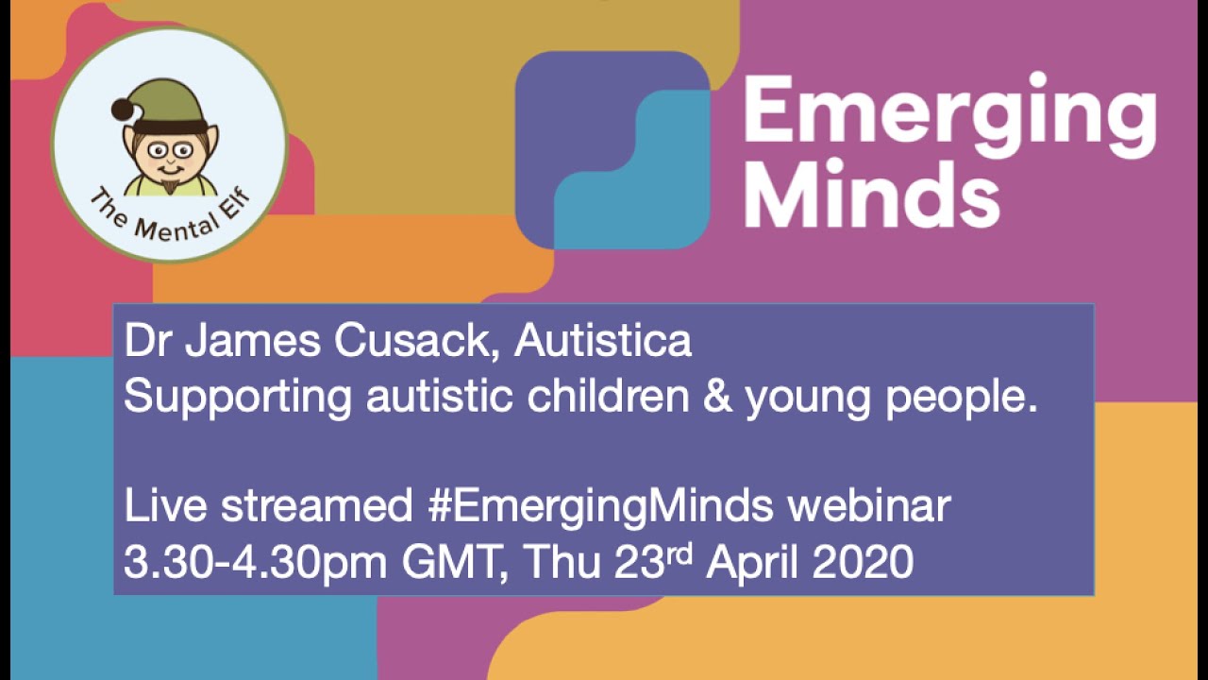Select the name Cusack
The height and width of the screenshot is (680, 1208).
tap(420, 341)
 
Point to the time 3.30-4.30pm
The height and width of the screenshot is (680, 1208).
tap(255, 564)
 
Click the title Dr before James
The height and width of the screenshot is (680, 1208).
tap(149, 341)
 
